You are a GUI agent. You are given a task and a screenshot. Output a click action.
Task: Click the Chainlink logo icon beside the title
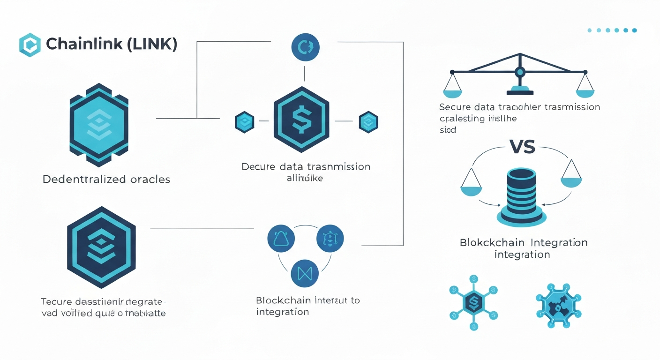[x=30, y=45]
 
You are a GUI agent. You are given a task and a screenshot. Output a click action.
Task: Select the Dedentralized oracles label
[x=106, y=179]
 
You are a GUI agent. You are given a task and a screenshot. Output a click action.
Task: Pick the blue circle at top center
[x=305, y=47]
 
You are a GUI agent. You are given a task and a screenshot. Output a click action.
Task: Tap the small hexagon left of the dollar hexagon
[x=244, y=121]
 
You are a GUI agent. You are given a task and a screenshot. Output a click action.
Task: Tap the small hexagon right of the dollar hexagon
[x=368, y=122]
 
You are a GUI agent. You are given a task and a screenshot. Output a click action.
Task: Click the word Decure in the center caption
[x=258, y=167]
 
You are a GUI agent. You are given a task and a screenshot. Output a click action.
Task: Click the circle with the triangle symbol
[x=281, y=238]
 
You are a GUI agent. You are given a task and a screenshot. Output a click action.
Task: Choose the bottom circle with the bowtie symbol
[x=305, y=272]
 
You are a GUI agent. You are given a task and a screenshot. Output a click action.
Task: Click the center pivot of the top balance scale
[x=519, y=72]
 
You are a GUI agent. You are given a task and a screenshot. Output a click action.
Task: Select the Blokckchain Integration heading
[x=523, y=243]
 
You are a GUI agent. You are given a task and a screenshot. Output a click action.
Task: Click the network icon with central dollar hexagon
[x=473, y=302]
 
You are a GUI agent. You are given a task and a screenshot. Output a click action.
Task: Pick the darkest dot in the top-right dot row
[x=634, y=30]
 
